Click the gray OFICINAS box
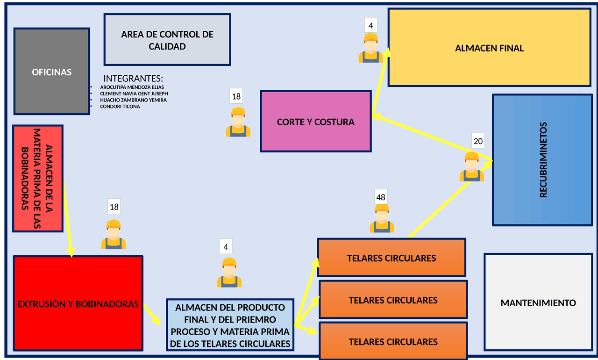(x=51, y=72)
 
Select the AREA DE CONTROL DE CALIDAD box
(x=167, y=40)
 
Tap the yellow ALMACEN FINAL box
(x=489, y=48)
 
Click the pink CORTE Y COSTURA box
(x=315, y=122)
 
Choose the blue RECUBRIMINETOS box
(x=542, y=160)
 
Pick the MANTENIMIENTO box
(x=538, y=302)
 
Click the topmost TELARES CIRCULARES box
(x=392, y=258)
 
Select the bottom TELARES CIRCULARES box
(x=393, y=342)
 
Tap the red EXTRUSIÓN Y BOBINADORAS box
(x=78, y=304)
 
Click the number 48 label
(x=380, y=197)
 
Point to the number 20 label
(x=478, y=140)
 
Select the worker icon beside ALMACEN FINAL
(x=370, y=48)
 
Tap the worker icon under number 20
(x=471, y=167)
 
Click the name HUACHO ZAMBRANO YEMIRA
(x=133, y=100)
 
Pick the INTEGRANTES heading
(x=133, y=78)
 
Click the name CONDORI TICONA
(x=120, y=107)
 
